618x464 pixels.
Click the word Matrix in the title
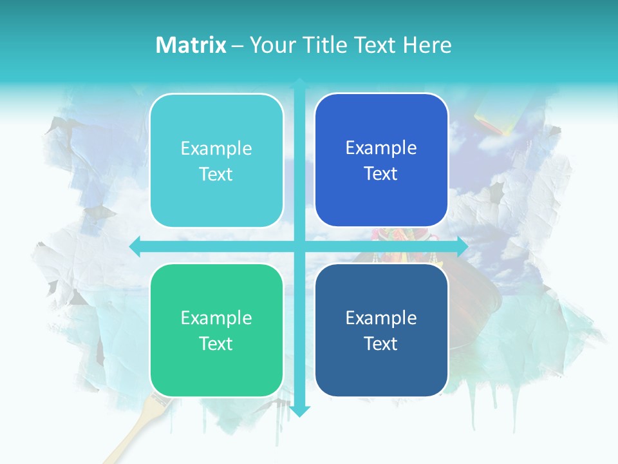coord(191,45)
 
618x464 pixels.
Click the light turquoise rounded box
coord(216,160)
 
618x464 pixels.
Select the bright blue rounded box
coord(381,160)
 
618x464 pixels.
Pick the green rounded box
coord(216,330)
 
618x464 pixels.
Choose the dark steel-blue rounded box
coord(381,330)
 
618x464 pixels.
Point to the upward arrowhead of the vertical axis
coord(299,83)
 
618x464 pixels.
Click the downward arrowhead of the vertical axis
coord(299,411)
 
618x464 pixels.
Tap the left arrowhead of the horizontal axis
coord(135,246)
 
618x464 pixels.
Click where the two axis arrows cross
coord(299,246)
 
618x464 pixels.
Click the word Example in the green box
coord(216,318)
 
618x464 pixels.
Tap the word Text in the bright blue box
coord(381,173)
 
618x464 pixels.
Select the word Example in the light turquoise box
coord(216,148)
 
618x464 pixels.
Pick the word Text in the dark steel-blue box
coord(381,343)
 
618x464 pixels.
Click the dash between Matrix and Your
coord(238,46)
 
